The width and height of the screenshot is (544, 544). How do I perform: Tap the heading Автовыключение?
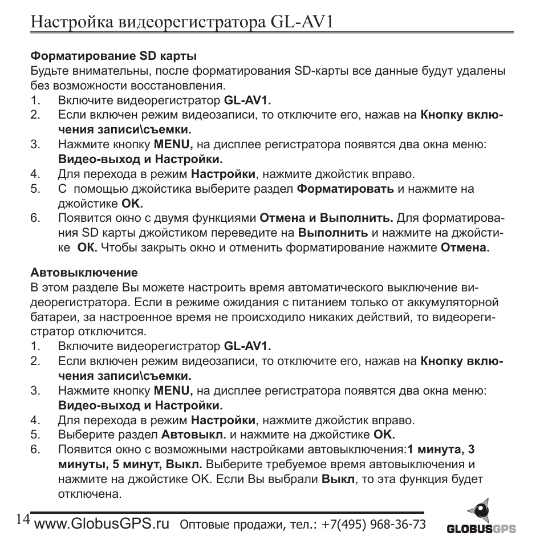click(84, 272)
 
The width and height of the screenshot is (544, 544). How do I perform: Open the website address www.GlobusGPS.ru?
click(102, 524)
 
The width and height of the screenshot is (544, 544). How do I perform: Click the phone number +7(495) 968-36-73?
click(374, 525)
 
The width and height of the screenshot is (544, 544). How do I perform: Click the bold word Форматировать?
click(346, 189)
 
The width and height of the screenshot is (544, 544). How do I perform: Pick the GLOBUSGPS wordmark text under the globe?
click(481, 529)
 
